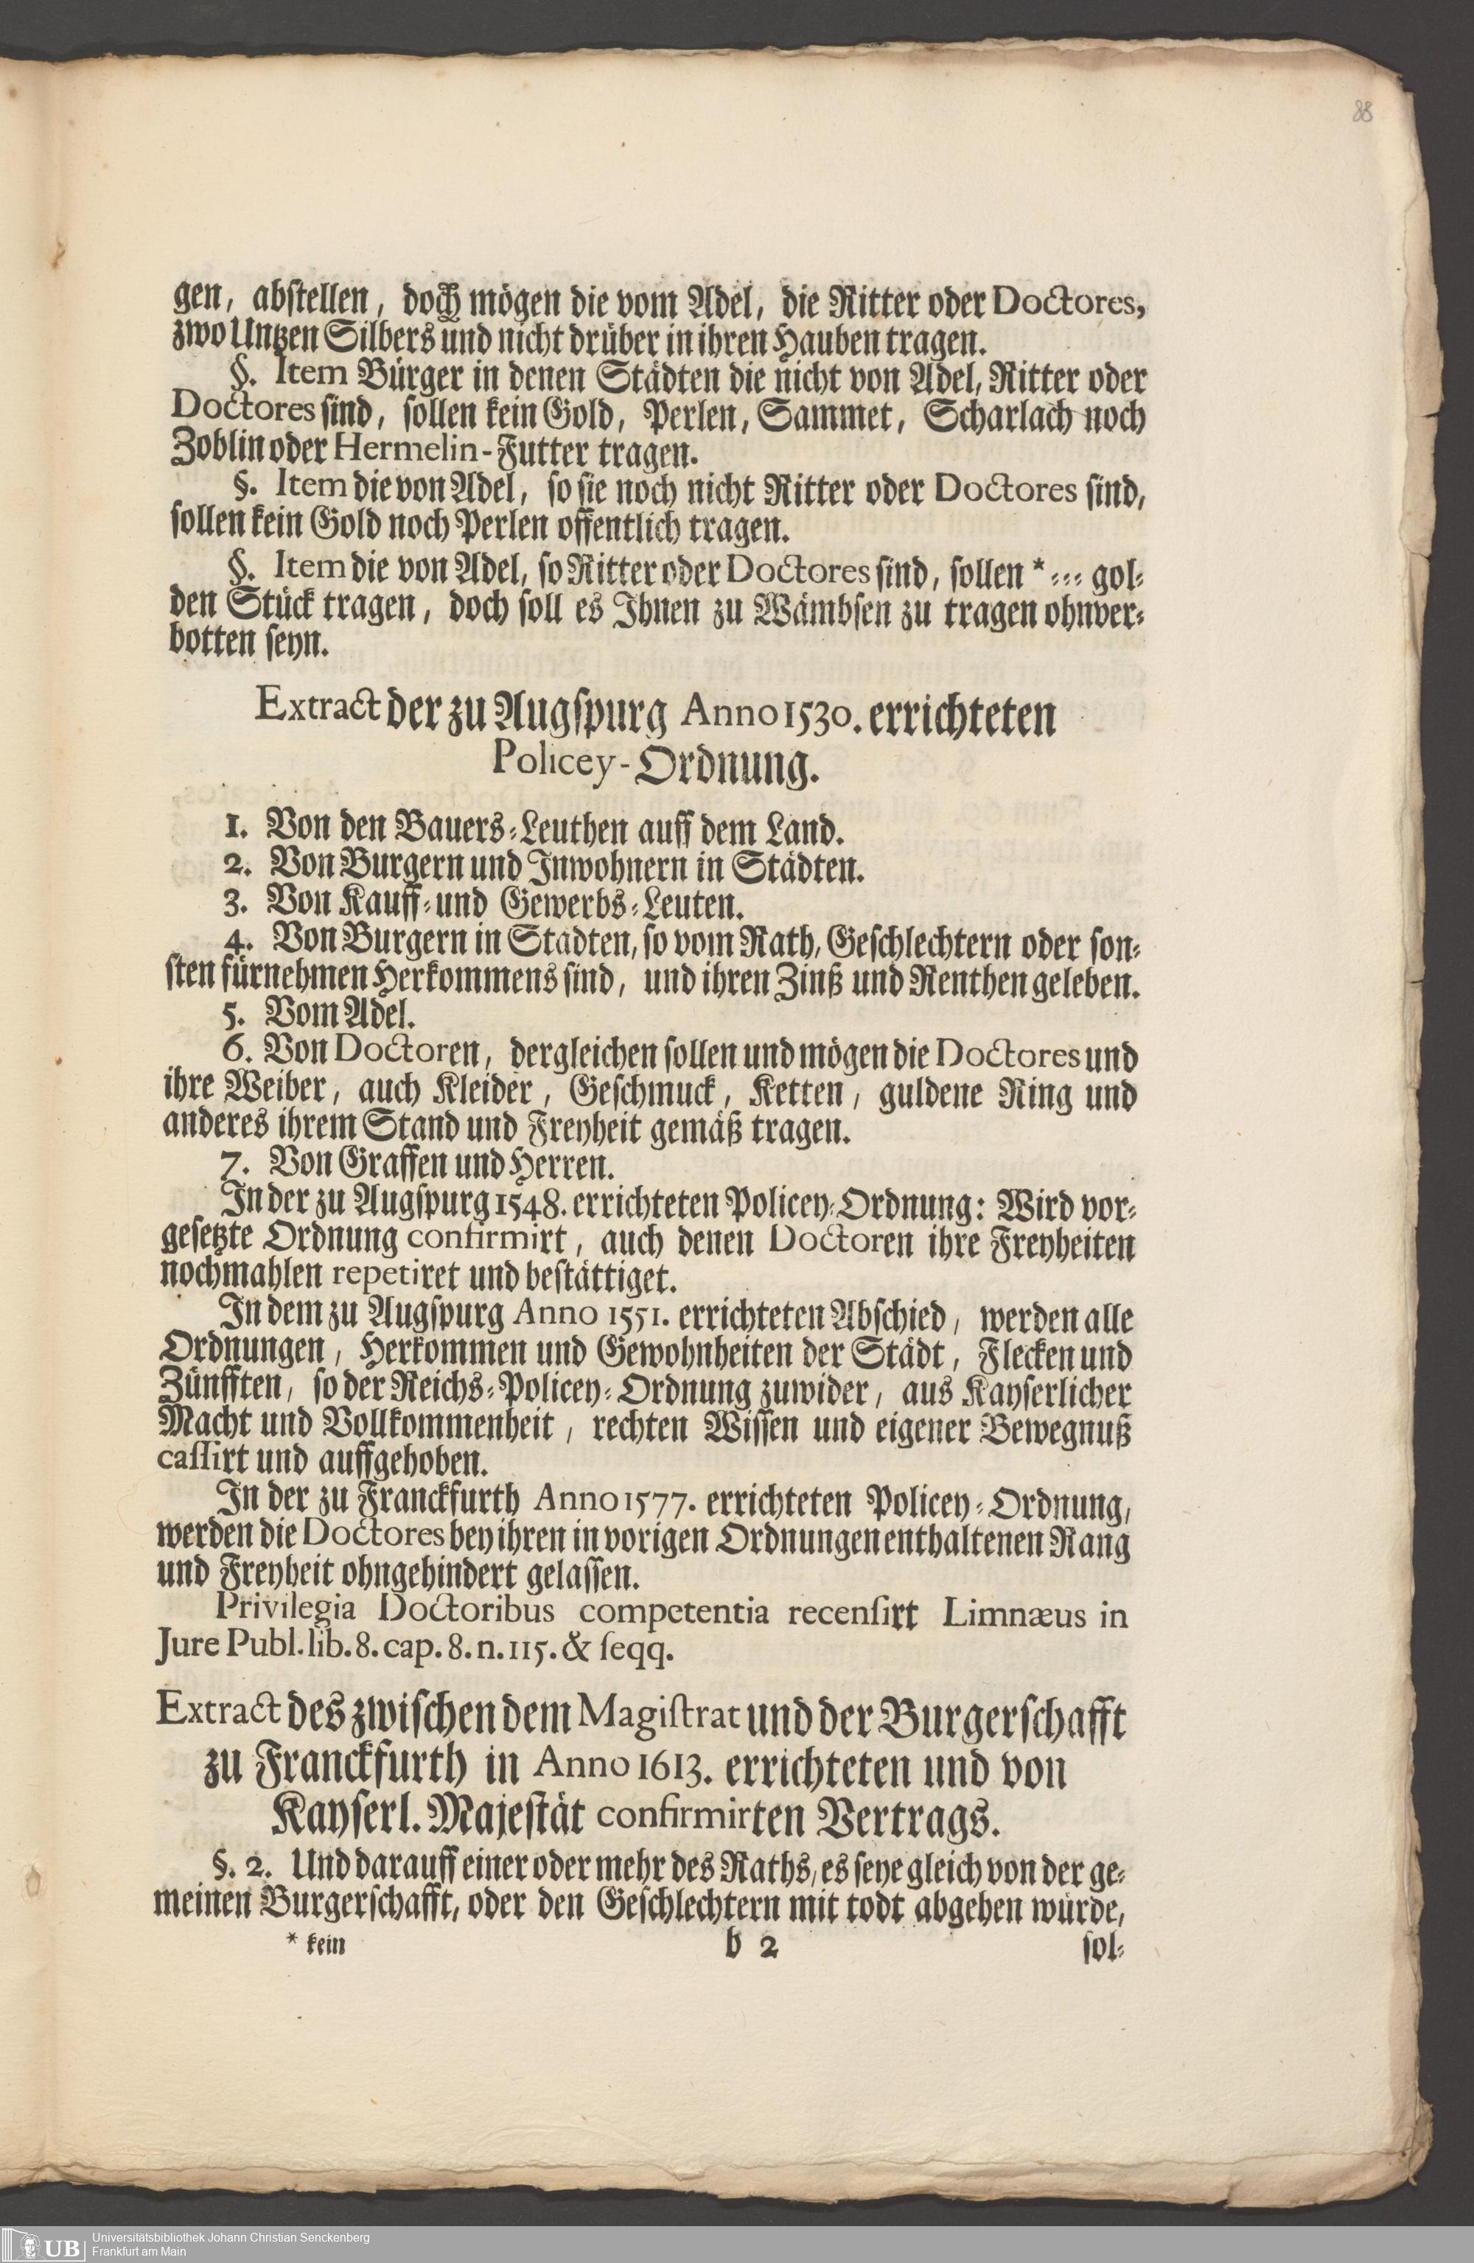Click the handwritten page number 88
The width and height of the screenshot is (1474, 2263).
pos(1363,112)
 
